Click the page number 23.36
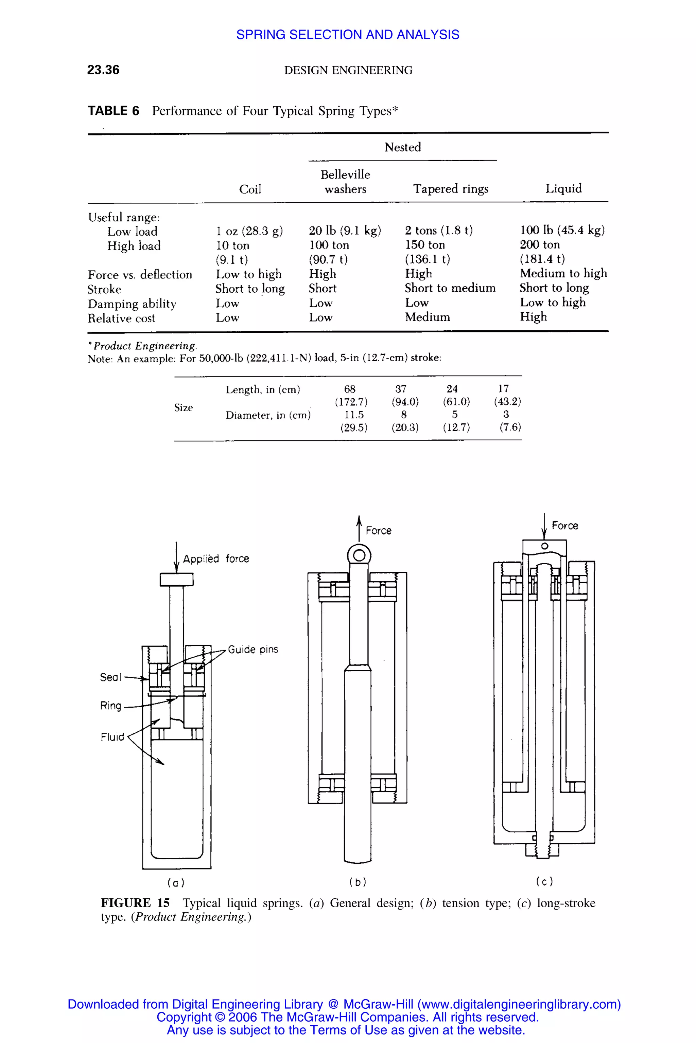tap(103, 70)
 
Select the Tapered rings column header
tap(451, 189)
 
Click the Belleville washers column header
tap(345, 182)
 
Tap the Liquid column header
tap(563, 188)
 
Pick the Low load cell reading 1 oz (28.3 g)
tap(249, 231)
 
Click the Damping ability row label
tap(132, 304)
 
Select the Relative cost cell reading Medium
tap(427, 317)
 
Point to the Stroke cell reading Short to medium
tap(450, 288)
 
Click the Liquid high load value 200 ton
tap(540, 245)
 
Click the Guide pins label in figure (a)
tap(253, 649)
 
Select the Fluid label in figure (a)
tap(112, 737)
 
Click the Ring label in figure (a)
tap(110, 706)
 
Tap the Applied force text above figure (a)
tap(216, 559)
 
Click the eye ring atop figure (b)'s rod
tap(359, 555)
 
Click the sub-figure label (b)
tap(358, 882)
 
